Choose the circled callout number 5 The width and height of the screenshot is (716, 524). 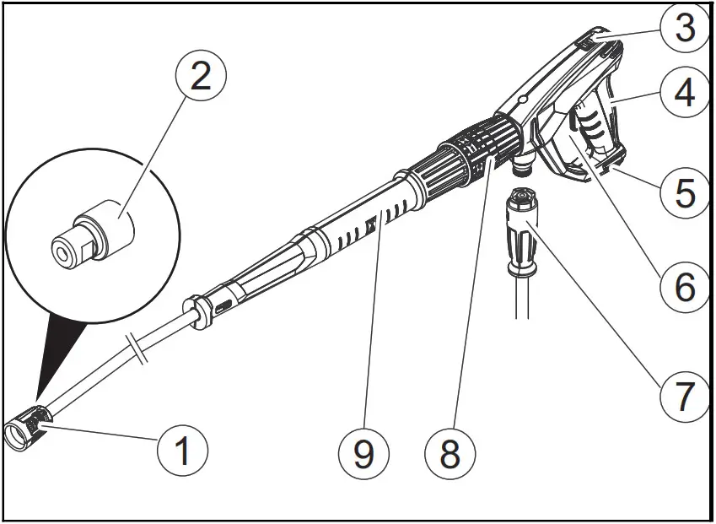click(684, 192)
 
